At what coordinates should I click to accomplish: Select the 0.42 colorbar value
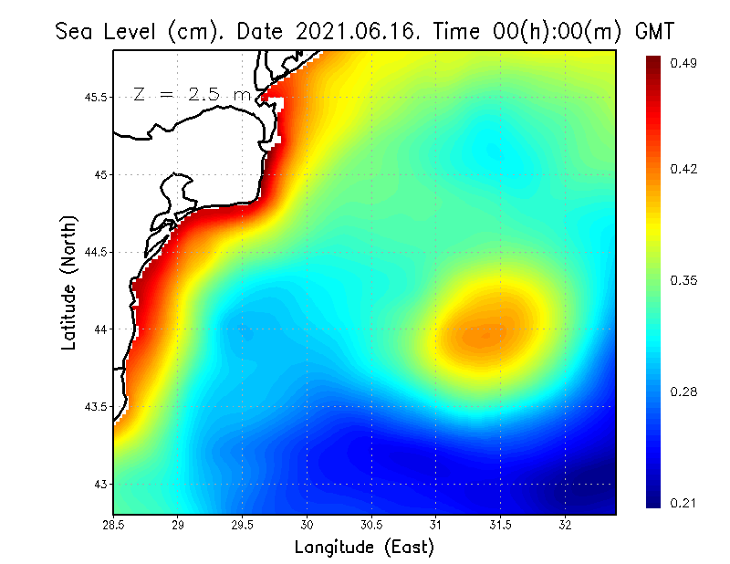pos(684,169)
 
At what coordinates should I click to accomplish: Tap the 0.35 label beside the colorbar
pos(684,280)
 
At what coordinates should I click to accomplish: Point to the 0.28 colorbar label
pos(684,392)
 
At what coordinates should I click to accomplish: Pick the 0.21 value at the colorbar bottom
pos(684,503)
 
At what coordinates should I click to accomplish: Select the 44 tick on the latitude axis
pos(102,329)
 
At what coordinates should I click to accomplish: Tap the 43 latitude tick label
pos(102,484)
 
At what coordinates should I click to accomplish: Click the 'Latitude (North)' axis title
pos(68,283)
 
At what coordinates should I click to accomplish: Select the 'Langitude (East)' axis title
pos(364,548)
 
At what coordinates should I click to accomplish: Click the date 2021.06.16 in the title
pos(358,31)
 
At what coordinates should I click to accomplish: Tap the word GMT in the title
pos(653,31)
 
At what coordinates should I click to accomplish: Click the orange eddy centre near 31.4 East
pos(485,335)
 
